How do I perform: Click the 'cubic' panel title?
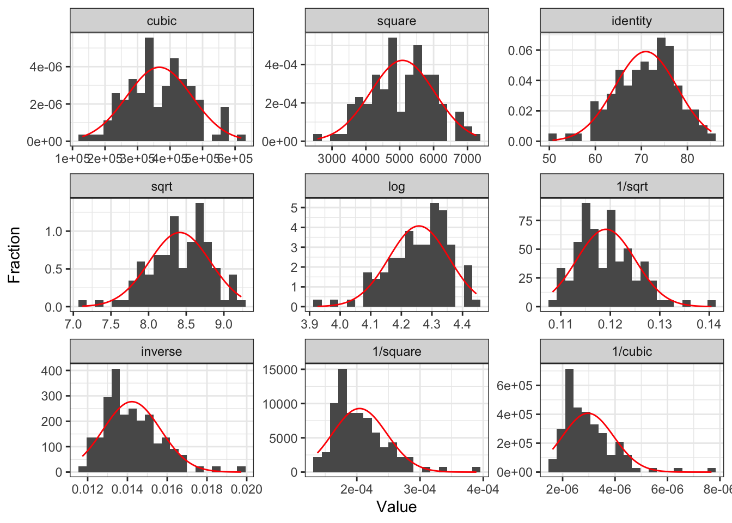click(162, 21)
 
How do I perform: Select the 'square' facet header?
click(396, 21)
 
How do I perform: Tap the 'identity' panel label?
click(632, 21)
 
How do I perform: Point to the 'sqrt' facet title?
click(162, 187)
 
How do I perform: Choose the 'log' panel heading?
click(396, 187)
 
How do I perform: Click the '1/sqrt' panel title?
click(632, 187)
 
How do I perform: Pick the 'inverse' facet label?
click(162, 352)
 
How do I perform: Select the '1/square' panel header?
click(396, 352)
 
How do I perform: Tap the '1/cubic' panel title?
click(632, 352)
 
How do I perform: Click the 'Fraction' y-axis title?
click(14, 255)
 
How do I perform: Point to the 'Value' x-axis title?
click(396, 507)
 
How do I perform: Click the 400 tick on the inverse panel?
click(52, 370)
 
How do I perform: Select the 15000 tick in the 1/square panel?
click(280, 370)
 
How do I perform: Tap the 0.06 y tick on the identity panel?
click(520, 51)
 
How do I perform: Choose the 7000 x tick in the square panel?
click(467, 159)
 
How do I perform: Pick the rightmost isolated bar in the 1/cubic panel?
click(711, 470)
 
